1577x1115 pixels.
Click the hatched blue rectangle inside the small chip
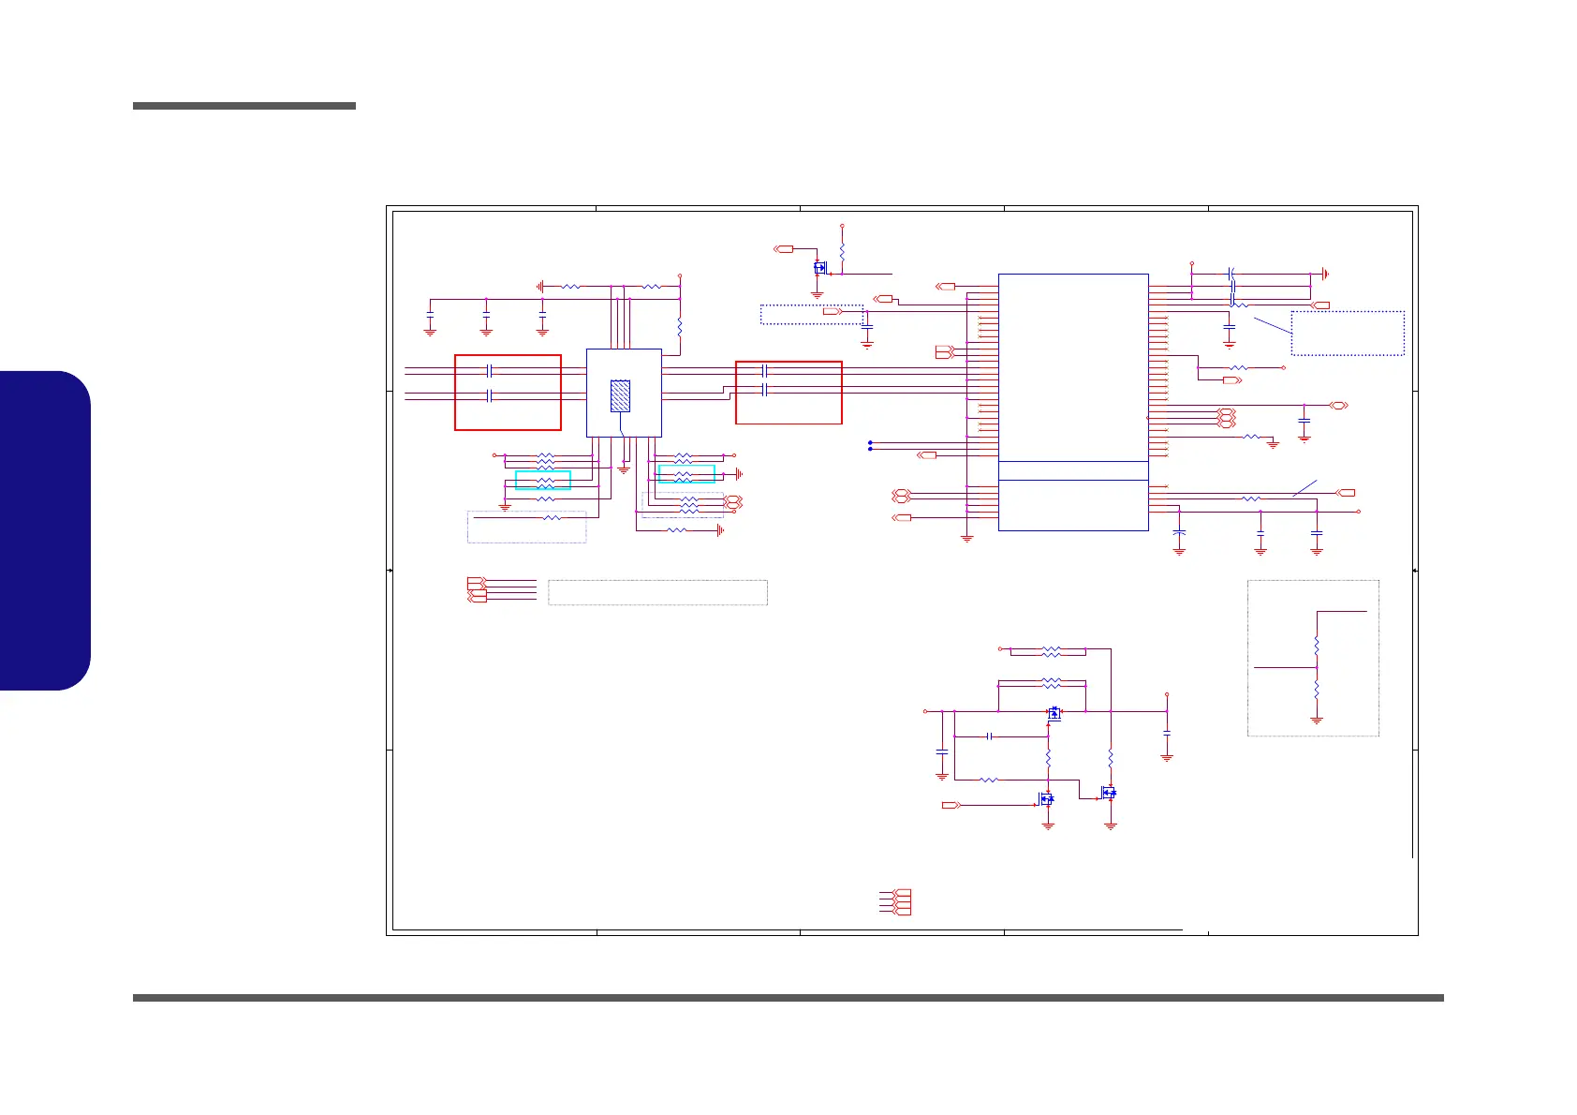(x=620, y=396)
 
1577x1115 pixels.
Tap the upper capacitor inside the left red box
(x=490, y=371)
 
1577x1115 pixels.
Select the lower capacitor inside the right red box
(x=765, y=388)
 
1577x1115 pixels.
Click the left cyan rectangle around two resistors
(x=543, y=481)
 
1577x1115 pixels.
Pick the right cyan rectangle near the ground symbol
(x=686, y=474)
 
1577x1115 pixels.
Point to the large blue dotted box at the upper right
(x=1348, y=333)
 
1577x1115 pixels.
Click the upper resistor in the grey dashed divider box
(x=1317, y=646)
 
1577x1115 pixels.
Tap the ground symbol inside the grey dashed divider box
(x=1317, y=720)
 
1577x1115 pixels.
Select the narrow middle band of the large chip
(x=1073, y=470)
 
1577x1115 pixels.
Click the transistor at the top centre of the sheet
(x=820, y=268)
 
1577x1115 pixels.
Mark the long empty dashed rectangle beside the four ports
(x=657, y=592)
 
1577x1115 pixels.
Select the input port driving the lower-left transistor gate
(x=951, y=805)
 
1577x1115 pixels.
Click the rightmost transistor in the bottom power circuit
(x=1109, y=793)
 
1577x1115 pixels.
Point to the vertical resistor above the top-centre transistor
(x=842, y=251)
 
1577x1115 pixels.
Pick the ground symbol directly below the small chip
(x=624, y=469)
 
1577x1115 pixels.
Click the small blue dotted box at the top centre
(x=811, y=314)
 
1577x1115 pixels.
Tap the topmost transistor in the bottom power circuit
(x=1054, y=713)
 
